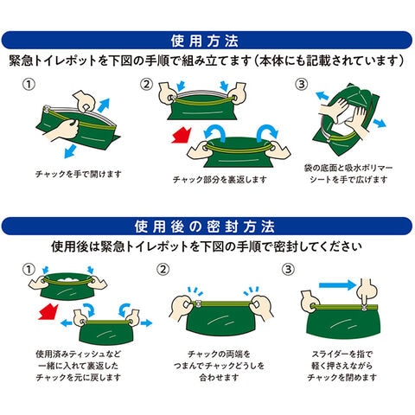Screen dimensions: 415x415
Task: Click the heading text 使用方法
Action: click(205, 41)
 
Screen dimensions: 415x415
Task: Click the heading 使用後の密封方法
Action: click(205, 227)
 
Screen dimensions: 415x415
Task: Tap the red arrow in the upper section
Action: click(182, 136)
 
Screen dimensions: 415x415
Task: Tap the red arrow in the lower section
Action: click(48, 312)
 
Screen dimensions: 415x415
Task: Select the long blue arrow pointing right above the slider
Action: click(338, 285)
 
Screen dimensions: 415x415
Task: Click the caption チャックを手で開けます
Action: click(79, 174)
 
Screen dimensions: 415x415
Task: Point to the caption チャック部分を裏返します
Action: click(220, 180)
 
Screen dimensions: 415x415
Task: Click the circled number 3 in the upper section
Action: click(302, 84)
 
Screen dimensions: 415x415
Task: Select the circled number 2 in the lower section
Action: click(163, 270)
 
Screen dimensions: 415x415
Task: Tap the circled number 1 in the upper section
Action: click(29, 84)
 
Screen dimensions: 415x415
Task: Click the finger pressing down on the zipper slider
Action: click(365, 294)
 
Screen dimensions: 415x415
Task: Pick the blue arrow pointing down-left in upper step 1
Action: click(70, 151)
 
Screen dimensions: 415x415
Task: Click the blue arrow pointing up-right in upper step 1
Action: click(104, 105)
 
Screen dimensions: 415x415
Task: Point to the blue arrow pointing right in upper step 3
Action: click(380, 123)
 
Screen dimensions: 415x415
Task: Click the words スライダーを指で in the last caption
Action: click(342, 354)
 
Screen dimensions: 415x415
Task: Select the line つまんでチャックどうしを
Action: click(219, 366)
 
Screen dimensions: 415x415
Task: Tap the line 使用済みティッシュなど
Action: click(79, 354)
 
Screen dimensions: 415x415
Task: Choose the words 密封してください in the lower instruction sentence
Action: click(317, 246)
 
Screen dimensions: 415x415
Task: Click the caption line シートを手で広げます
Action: click(348, 180)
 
